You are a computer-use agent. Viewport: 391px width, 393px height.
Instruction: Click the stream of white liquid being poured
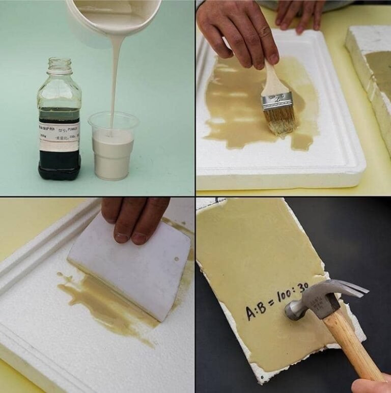(116, 76)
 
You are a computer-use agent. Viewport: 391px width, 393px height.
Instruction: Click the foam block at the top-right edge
(369, 66)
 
